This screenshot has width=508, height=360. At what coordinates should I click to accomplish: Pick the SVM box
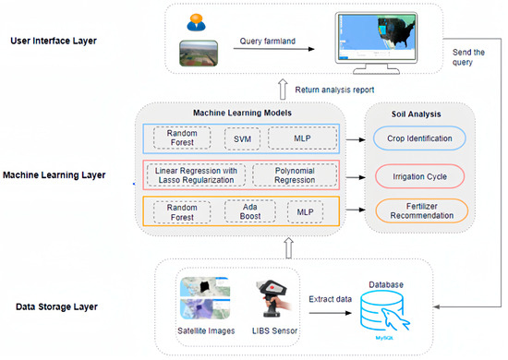243,138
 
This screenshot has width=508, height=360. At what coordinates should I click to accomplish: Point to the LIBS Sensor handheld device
270,293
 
